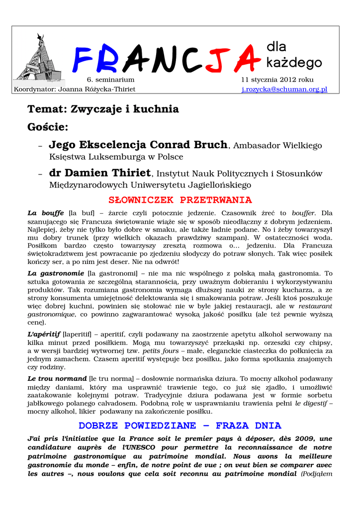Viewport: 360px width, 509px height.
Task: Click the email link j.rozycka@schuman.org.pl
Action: [284, 89]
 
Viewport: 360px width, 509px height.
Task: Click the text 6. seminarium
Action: [110, 80]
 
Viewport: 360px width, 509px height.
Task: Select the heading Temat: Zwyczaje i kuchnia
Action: [103, 109]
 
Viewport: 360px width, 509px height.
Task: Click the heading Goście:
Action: [48, 127]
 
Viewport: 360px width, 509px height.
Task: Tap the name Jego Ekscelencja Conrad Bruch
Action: [138, 145]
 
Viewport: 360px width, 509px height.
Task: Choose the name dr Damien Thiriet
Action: [99, 173]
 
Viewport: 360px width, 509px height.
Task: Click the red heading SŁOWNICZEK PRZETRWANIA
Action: [180, 200]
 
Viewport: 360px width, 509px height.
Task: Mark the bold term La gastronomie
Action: [56, 273]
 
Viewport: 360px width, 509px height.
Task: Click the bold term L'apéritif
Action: [44, 334]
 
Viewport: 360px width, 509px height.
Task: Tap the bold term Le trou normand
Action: [57, 379]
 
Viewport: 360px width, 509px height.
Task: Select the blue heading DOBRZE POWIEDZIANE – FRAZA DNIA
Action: [180, 426]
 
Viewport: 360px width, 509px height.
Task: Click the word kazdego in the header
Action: [294, 63]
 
